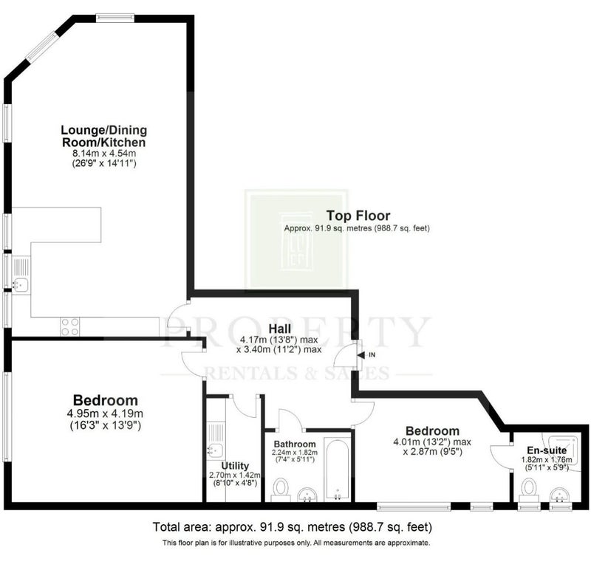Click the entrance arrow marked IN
pyautogui.click(x=361, y=355)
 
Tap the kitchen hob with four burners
pyautogui.click(x=70, y=326)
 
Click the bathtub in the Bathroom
pyautogui.click(x=338, y=470)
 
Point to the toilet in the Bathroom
pyautogui.click(x=281, y=490)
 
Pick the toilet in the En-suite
pyautogui.click(x=530, y=490)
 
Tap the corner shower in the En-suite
pyautogui.click(x=561, y=452)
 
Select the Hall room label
pyautogui.click(x=280, y=328)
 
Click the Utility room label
pyautogui.click(x=235, y=466)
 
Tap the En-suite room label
pyautogui.click(x=547, y=450)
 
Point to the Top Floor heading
pyautogui.click(x=358, y=216)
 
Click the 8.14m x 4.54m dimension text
pyautogui.click(x=104, y=154)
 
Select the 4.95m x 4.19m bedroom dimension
pyautogui.click(x=105, y=413)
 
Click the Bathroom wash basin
pyautogui.click(x=307, y=495)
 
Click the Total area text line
pyautogui.click(x=292, y=526)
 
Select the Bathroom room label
pyautogui.click(x=295, y=444)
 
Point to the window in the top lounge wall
pyautogui.click(x=115, y=18)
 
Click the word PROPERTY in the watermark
pyautogui.click(x=296, y=332)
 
